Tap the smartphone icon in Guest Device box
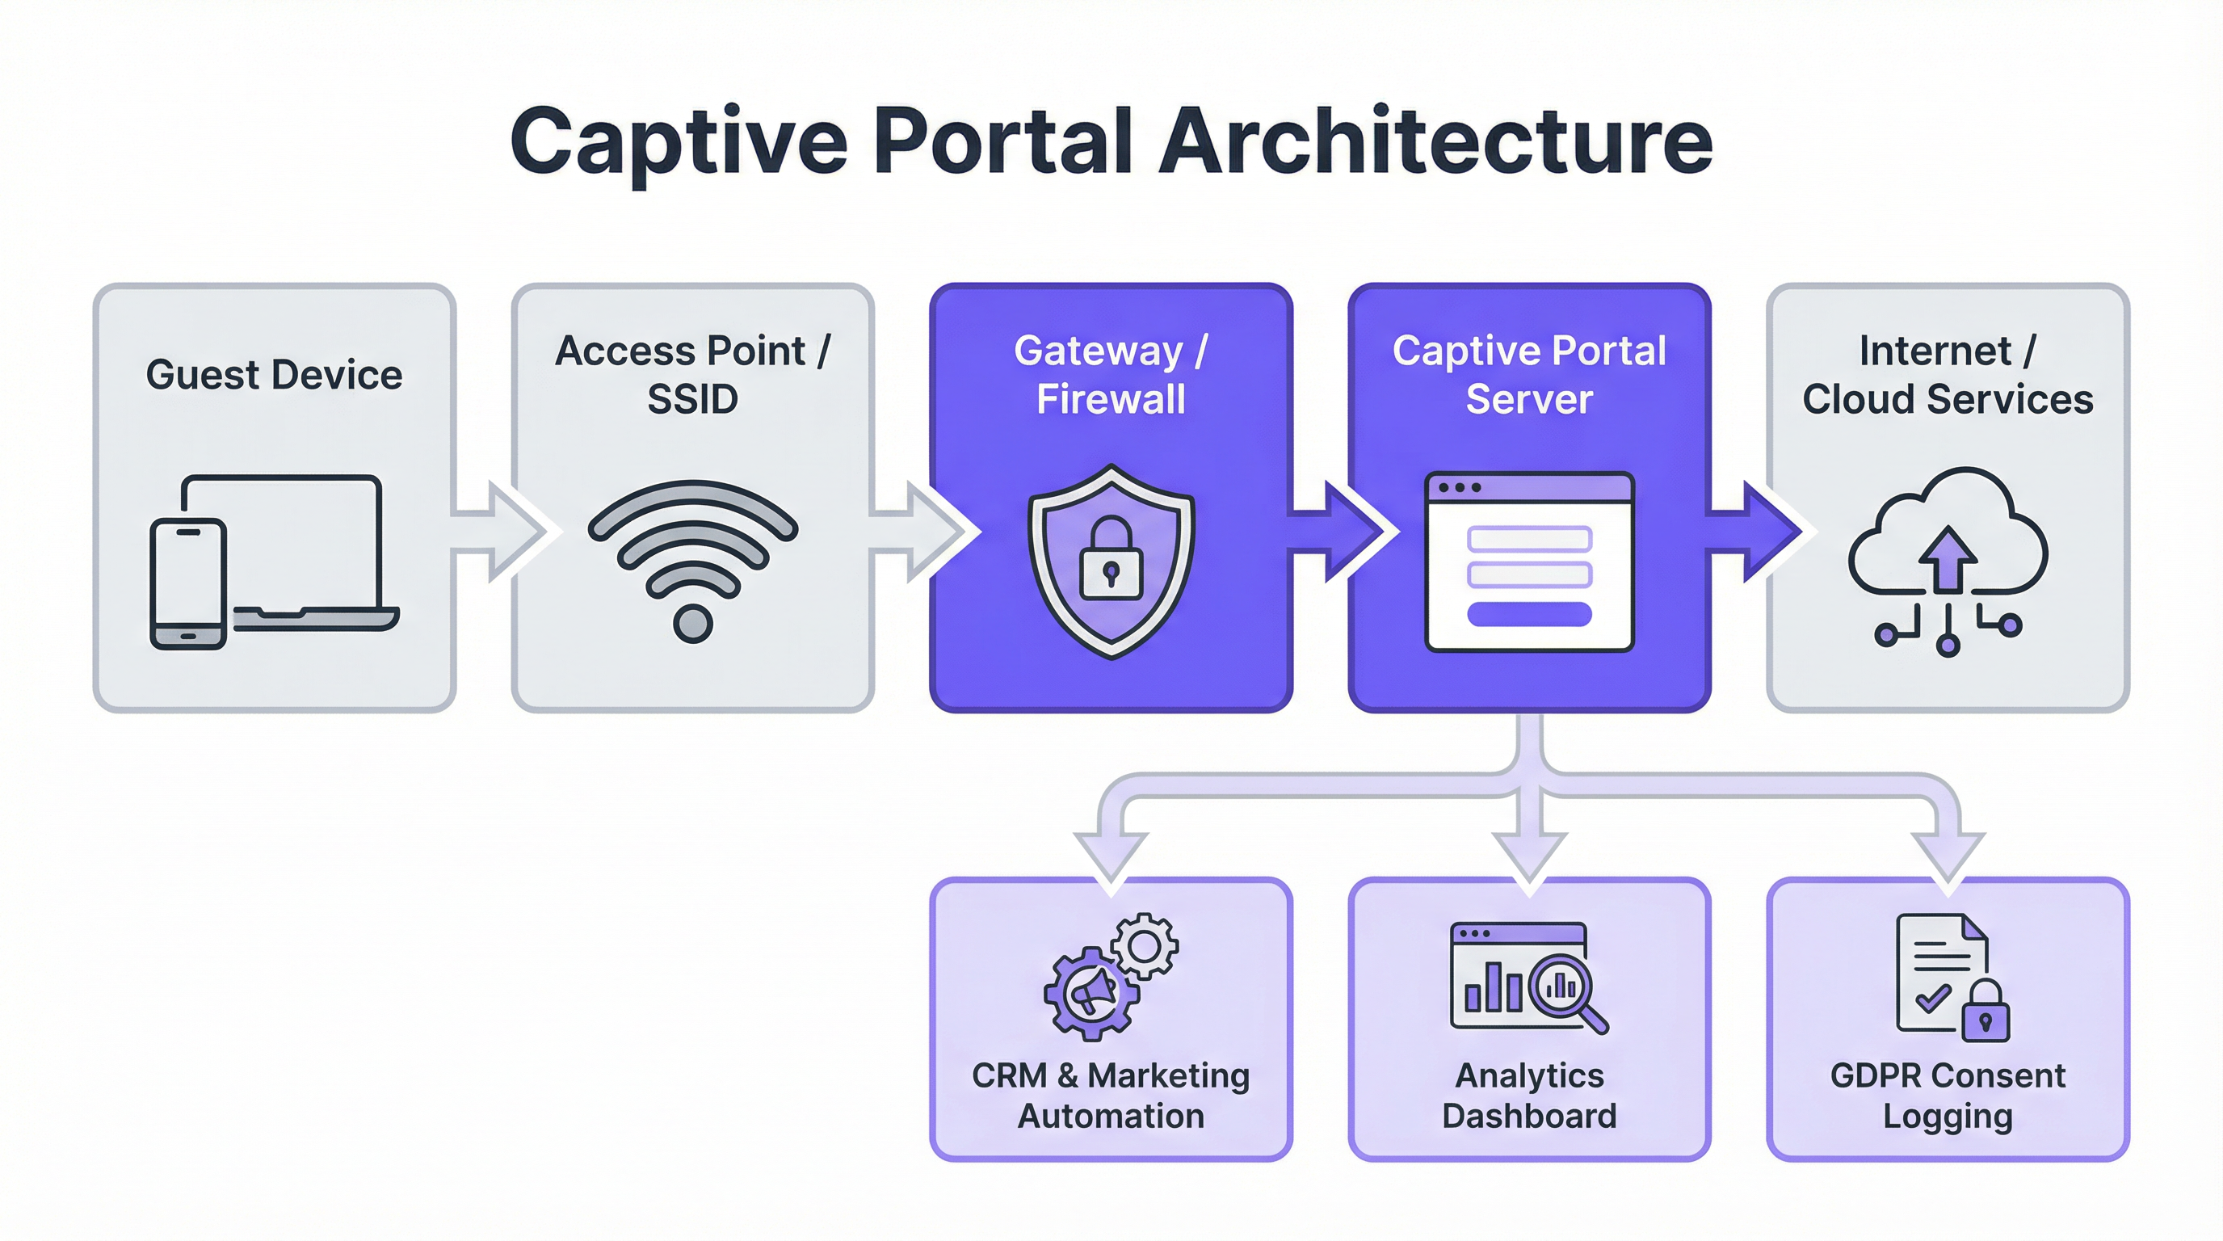pyautogui.click(x=188, y=583)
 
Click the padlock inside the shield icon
pyautogui.click(x=1111, y=561)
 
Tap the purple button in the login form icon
pyautogui.click(x=1529, y=613)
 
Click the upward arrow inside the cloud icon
pyautogui.click(x=1948, y=559)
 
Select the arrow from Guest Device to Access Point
pyautogui.click(x=505, y=532)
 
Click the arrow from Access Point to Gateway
pyautogui.click(x=923, y=532)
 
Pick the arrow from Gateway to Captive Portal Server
pyautogui.click(x=1342, y=532)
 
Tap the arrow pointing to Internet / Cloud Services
pyautogui.click(x=1760, y=532)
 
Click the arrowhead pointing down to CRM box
pyautogui.click(x=1111, y=859)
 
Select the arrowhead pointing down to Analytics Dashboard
pyautogui.click(x=1529, y=859)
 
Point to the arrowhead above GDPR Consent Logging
pyautogui.click(x=1948, y=859)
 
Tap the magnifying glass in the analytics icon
pyautogui.click(x=1564, y=988)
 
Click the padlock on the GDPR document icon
pyautogui.click(x=1985, y=1014)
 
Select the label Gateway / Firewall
pyautogui.click(x=1111, y=375)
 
